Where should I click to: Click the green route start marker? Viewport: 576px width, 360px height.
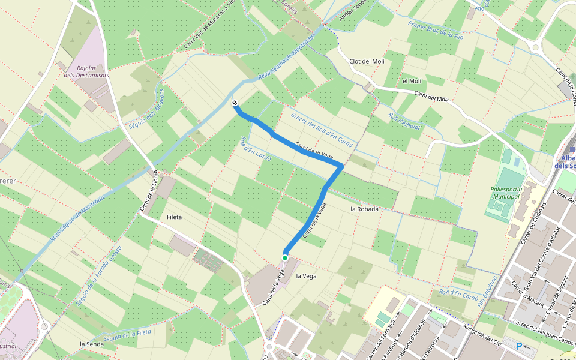point(285,257)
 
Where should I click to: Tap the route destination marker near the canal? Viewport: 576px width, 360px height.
point(235,103)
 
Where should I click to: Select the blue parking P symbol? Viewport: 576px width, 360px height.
point(519,346)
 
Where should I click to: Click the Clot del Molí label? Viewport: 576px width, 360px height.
point(367,61)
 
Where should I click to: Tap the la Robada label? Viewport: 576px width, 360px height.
point(364,209)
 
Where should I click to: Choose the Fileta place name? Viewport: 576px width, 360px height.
point(174,217)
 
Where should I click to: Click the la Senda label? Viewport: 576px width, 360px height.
point(92,344)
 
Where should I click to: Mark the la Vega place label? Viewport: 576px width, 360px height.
point(306,276)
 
